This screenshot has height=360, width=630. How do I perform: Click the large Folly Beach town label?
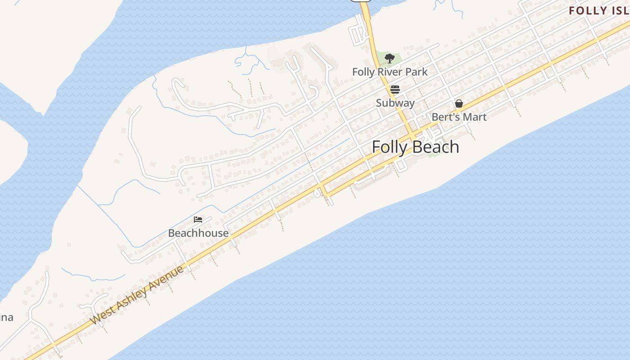(415, 147)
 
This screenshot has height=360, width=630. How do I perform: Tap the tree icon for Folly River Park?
(390, 58)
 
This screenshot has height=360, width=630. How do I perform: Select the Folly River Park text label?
(390, 72)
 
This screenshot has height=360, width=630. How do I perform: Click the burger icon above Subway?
(395, 89)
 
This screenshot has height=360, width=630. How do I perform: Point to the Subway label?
(395, 103)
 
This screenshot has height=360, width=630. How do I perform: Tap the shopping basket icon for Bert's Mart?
(459, 103)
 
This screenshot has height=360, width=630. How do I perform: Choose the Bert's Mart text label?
(459, 117)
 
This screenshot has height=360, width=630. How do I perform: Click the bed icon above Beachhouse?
(198, 220)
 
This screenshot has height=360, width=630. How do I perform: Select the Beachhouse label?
(198, 233)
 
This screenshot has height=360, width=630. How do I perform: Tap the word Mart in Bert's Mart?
(475, 117)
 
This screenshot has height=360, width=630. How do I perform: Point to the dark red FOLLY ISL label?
(598, 10)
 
